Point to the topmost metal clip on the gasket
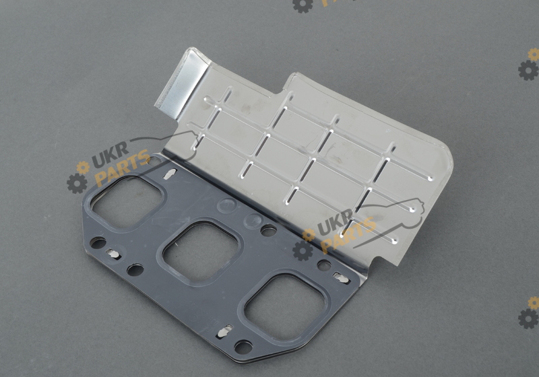point(170,174)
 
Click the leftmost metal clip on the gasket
point(113,254)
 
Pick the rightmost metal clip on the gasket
point(342,278)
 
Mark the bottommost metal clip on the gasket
point(224,332)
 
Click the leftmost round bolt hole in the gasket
point(98,243)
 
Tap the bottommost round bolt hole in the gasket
point(243,347)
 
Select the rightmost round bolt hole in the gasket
point(324,265)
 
